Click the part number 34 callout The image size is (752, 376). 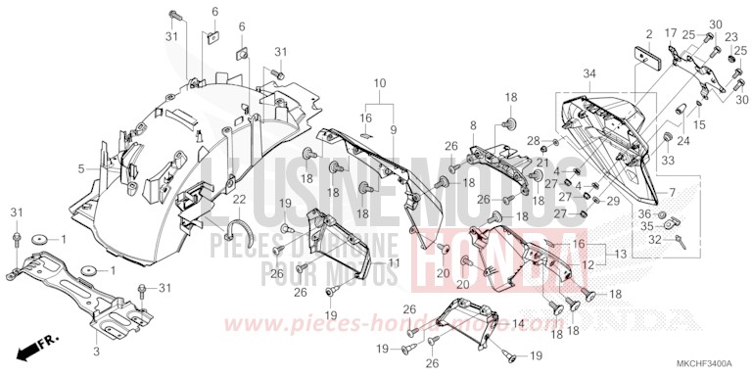pos(587,72)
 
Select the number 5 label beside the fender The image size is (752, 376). pos(82,168)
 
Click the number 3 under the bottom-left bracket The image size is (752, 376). pos(97,350)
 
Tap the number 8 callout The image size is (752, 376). pos(473,125)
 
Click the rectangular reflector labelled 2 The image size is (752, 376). pos(647,59)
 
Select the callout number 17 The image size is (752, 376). pos(671,32)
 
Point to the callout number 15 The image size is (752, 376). pos(700,124)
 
